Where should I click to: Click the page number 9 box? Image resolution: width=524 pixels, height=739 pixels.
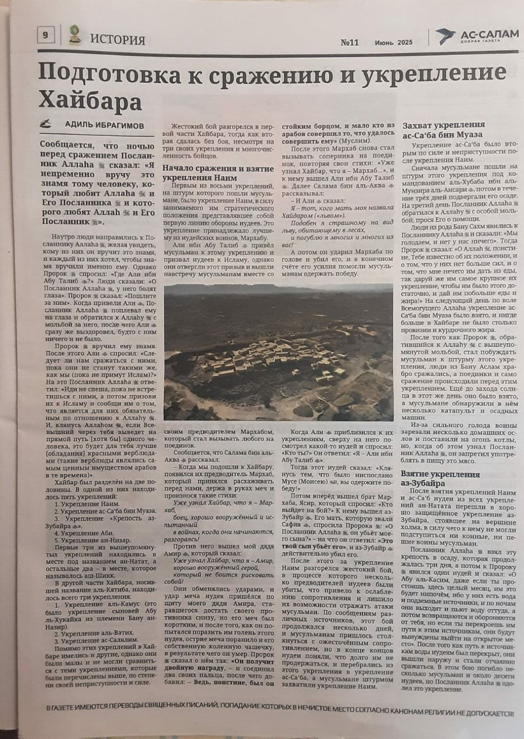tap(45, 36)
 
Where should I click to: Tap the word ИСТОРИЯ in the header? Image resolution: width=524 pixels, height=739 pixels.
tap(118, 40)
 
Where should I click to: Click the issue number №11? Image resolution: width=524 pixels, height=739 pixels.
tap(350, 42)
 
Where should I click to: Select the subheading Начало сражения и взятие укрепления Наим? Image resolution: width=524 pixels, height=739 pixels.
tap(217, 173)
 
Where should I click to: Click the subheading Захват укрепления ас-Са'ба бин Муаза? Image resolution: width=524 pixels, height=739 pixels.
tap(443, 130)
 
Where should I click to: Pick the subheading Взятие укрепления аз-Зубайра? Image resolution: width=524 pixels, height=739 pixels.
tap(440, 478)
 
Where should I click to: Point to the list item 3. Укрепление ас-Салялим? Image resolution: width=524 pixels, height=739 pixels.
tap(95, 641)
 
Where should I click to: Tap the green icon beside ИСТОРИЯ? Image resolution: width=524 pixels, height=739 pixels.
tap(74, 35)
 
